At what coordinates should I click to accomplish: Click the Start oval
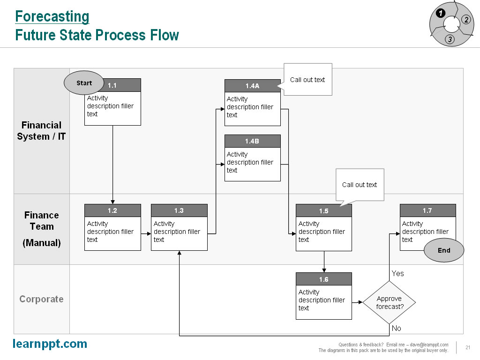[84, 83]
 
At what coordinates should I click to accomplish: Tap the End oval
[443, 251]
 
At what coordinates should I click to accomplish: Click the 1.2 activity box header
[112, 210]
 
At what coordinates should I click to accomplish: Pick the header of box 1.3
[179, 210]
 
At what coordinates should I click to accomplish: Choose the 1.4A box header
[252, 86]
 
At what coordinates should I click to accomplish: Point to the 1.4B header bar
[252, 141]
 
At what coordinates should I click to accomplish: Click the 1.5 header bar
[323, 211]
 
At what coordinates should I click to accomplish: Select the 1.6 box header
[323, 279]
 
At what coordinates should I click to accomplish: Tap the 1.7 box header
[427, 210]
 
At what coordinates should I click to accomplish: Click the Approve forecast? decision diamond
[390, 302]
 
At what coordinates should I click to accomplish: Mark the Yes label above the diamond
[397, 273]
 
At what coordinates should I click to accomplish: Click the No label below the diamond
[397, 329]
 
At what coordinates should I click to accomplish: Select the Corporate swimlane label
[41, 299]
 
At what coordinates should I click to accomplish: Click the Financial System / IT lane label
[41, 131]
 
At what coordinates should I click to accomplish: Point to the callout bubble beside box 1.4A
[307, 80]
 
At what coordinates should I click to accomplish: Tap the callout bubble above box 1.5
[360, 185]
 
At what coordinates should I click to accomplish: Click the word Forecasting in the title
[52, 16]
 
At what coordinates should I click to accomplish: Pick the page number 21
[468, 347]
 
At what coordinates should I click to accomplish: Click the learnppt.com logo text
[50, 344]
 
